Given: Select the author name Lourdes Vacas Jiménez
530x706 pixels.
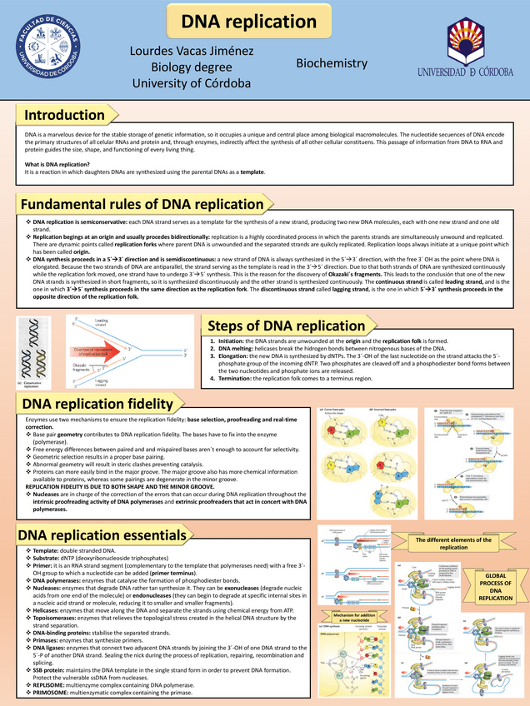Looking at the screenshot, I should [x=192, y=52].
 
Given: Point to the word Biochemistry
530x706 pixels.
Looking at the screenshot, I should [x=332, y=63].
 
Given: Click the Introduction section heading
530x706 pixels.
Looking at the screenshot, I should [x=64, y=115].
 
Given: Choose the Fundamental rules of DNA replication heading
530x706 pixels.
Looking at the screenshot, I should [x=142, y=204].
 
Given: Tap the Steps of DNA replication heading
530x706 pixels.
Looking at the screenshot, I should [x=286, y=326].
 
